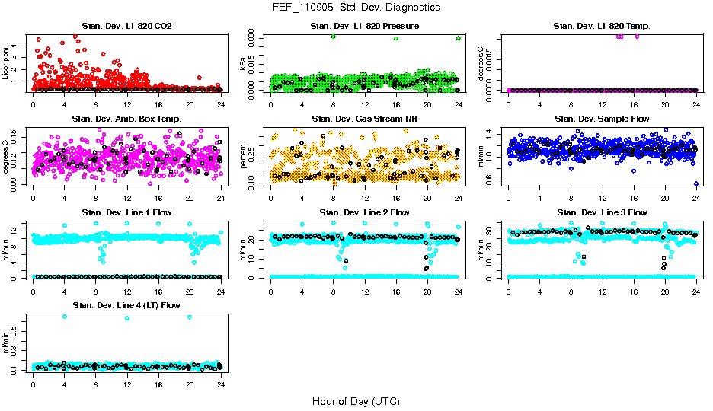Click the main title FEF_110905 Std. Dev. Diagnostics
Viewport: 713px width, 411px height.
(x=356, y=8)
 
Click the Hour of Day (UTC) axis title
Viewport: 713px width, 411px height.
(x=356, y=401)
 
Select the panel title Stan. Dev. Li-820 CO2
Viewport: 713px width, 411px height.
(x=126, y=26)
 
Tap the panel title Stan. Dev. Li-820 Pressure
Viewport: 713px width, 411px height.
(x=364, y=26)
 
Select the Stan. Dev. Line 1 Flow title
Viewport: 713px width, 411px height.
(x=126, y=212)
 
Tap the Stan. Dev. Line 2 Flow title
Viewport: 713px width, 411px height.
(x=364, y=212)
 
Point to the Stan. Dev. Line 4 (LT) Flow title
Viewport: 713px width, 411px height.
(x=126, y=305)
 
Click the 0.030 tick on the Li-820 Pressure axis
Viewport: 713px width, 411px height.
(x=254, y=37)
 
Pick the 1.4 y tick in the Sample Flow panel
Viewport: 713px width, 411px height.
(x=500, y=134)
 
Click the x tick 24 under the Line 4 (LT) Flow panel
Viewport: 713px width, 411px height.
(x=220, y=384)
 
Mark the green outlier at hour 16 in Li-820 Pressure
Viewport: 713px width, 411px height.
(x=396, y=38)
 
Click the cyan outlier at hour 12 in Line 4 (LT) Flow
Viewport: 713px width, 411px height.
(x=126, y=318)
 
